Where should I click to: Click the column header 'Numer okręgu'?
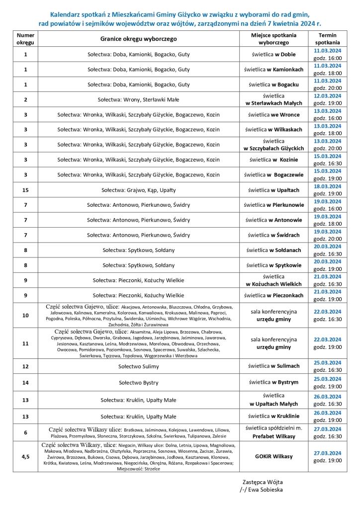(x=25, y=39)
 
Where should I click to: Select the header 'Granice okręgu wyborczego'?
(x=138, y=39)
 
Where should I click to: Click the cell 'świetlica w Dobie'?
(x=274, y=54)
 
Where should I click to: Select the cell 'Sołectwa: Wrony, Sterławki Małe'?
(x=138, y=99)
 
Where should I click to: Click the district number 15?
(x=25, y=190)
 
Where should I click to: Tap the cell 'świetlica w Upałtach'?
(x=274, y=190)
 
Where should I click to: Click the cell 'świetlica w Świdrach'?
(x=274, y=235)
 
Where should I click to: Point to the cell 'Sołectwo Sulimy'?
(x=138, y=366)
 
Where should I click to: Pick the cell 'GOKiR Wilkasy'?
(x=274, y=456)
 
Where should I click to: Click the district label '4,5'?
(x=25, y=456)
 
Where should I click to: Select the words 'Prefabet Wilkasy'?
(x=274, y=436)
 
